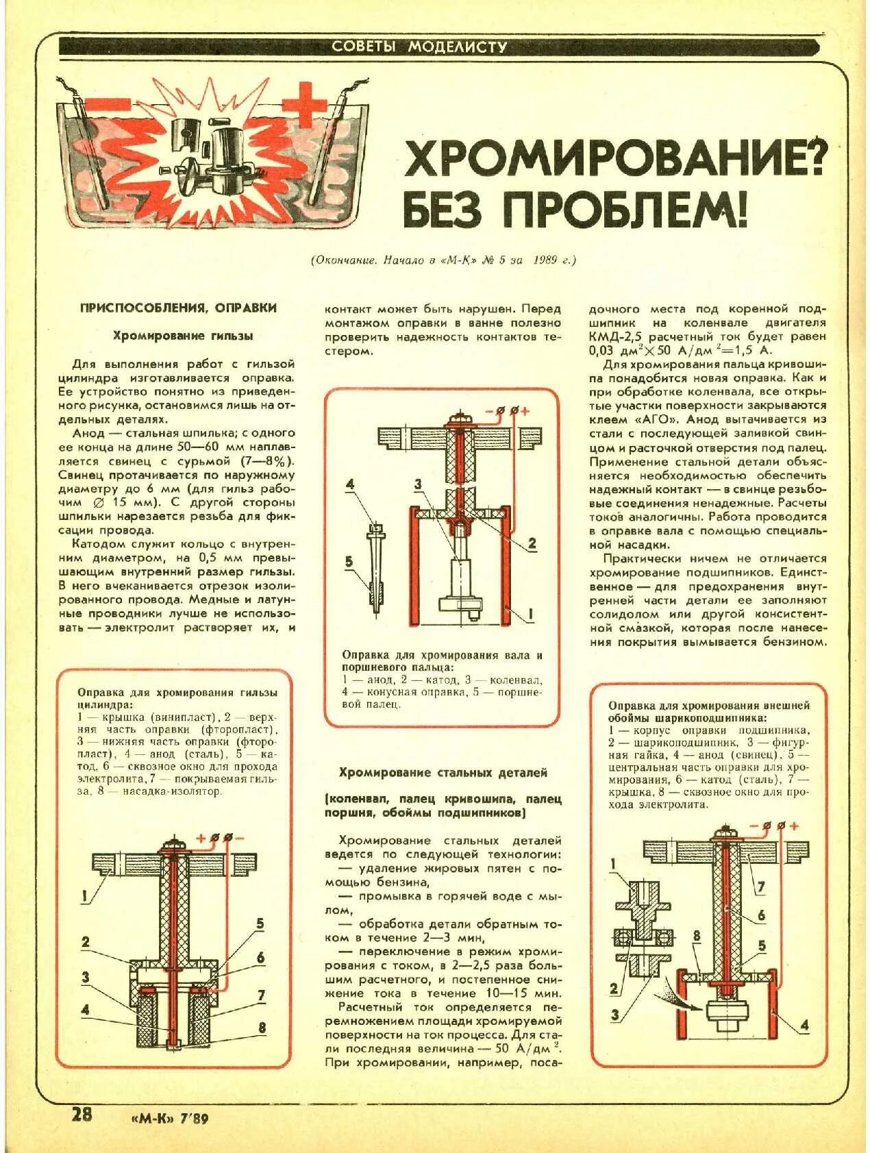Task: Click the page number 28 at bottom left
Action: tap(82, 1114)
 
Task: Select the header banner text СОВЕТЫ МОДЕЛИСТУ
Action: tap(419, 47)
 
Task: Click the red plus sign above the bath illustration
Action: tap(305, 105)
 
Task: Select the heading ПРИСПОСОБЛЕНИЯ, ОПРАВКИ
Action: tap(178, 308)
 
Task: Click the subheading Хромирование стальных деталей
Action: tap(443, 772)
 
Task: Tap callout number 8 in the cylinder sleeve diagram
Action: tap(261, 1028)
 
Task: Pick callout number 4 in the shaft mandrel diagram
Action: tap(350, 485)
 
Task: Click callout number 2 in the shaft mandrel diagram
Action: tap(532, 544)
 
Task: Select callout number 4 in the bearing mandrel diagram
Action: tap(804, 1025)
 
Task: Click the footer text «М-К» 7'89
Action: tap(169, 1118)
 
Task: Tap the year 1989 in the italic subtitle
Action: tap(545, 260)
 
